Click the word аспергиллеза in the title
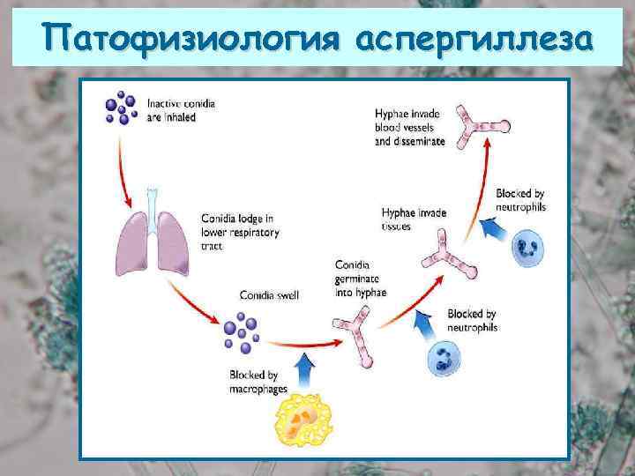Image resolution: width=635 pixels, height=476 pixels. (x=475, y=39)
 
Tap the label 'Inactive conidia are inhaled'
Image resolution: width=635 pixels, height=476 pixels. (x=182, y=109)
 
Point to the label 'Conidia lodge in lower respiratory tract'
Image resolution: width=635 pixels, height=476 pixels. (x=240, y=231)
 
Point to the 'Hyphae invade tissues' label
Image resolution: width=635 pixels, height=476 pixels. (x=414, y=218)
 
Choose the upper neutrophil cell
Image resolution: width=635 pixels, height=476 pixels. (x=529, y=247)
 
